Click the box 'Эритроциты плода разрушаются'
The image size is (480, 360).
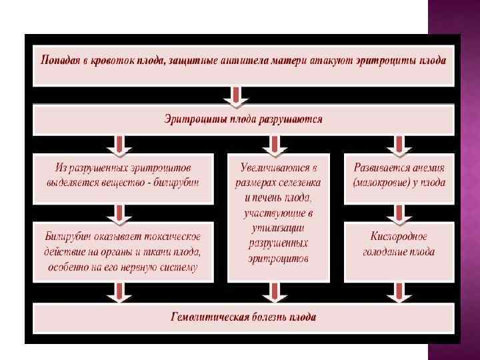point(243,120)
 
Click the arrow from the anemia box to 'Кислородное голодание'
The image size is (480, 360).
point(399,213)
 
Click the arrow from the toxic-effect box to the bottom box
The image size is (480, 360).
point(119,291)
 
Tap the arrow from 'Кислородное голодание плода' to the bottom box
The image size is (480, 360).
point(399,291)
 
